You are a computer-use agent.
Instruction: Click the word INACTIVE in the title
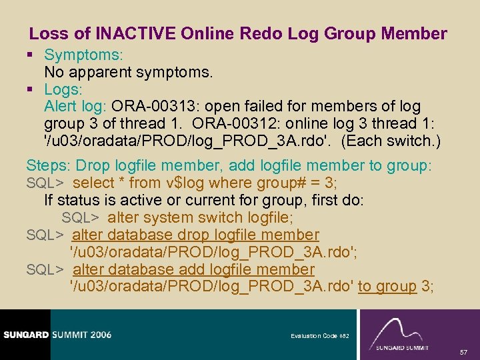[132, 33]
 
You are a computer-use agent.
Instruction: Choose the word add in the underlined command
[193, 270]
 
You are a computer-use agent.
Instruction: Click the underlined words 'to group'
[387, 287]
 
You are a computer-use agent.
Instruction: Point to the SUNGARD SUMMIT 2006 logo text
[56, 334]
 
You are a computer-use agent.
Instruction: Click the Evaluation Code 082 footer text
[319, 336]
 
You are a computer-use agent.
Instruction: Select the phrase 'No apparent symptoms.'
[128, 71]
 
